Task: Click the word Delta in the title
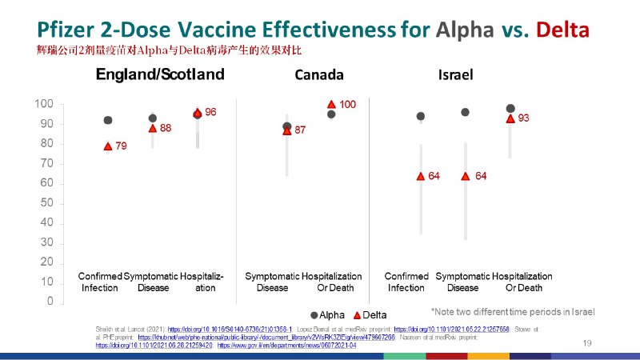[563, 30]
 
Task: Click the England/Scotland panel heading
[160, 75]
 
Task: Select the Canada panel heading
[319, 75]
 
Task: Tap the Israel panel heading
[455, 75]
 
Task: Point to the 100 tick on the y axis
[44, 105]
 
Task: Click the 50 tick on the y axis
[46, 203]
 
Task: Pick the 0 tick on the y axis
[50, 302]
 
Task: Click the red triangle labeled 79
[108, 146]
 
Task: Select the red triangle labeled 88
[153, 128]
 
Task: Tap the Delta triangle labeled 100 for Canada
[331, 104]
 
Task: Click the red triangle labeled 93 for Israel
[510, 118]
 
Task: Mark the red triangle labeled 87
[287, 130]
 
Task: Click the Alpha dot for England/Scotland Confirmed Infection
[108, 120]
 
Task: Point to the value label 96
[210, 113]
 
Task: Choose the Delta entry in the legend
[370, 315]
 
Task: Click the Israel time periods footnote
[513, 311]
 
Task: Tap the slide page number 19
[587, 342]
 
